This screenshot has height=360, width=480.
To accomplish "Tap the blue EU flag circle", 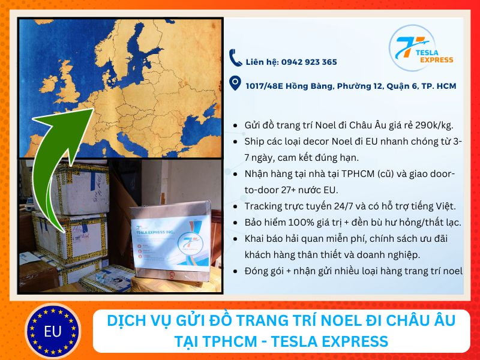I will point(52,331).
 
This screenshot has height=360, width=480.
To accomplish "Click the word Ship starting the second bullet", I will point(254,142).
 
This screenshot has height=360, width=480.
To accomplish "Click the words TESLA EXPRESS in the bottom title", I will point(328,341).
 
